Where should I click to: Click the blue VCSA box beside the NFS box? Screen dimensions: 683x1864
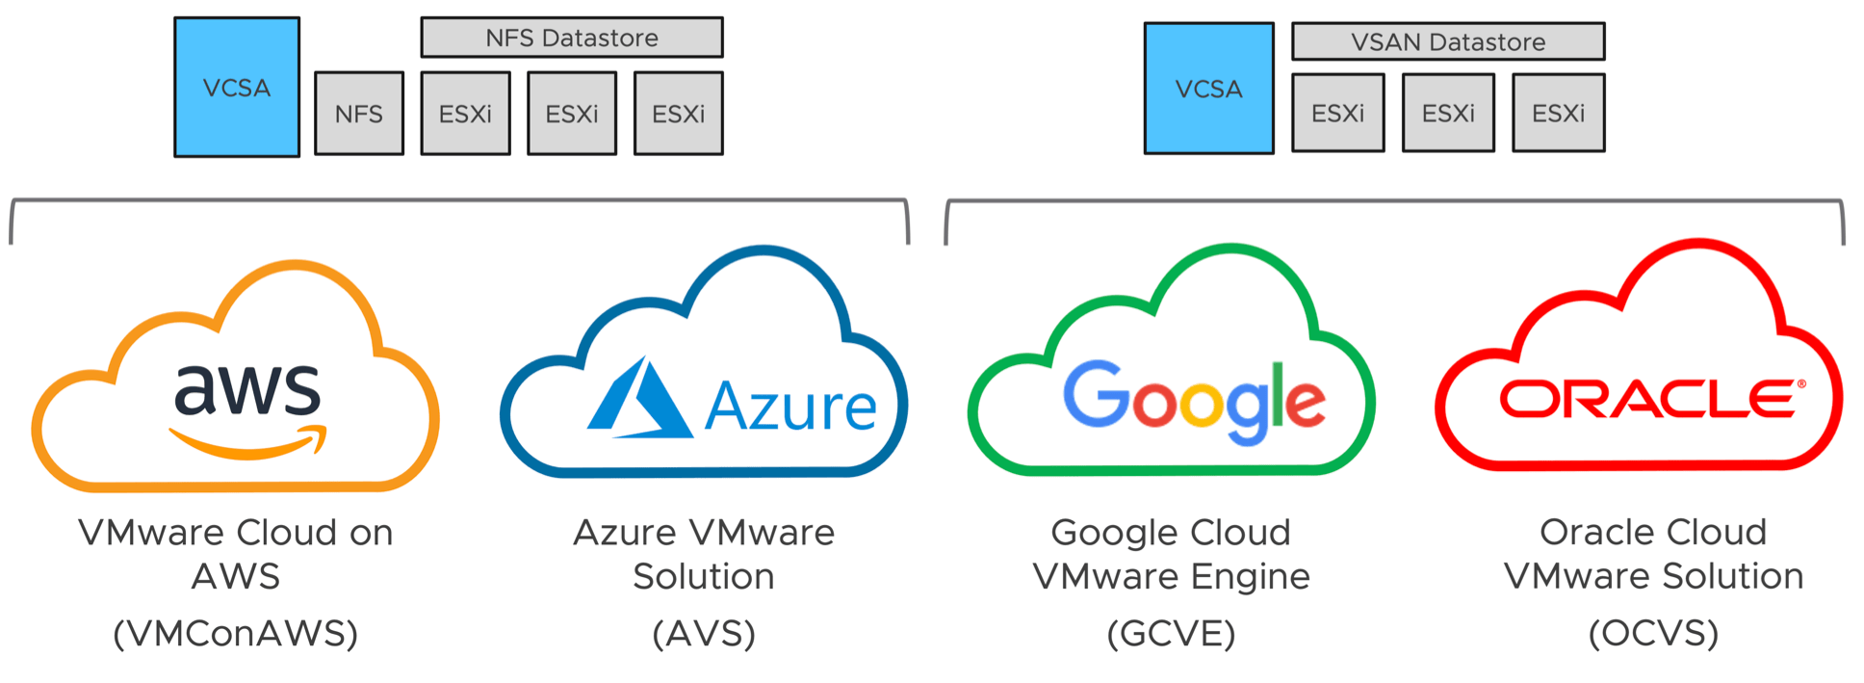[237, 87]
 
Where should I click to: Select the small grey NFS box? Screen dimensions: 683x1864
[359, 113]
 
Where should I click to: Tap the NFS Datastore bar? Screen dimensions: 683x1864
[572, 38]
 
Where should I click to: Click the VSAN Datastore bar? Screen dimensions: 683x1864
[1447, 41]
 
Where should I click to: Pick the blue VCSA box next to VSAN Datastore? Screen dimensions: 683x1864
[1208, 89]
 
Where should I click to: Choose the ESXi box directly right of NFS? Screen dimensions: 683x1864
[466, 113]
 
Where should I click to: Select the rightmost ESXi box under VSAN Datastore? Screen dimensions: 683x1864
[1558, 113]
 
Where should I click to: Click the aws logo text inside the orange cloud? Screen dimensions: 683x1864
[246, 390]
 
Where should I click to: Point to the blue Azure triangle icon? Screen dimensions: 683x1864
[637, 401]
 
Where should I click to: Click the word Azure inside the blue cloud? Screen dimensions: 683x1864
[790, 407]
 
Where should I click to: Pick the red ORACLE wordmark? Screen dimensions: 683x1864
[1646, 399]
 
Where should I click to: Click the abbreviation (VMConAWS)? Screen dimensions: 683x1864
[236, 633]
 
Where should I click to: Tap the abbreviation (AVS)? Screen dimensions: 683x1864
[704, 633]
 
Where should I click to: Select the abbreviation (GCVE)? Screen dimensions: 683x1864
[1171, 633]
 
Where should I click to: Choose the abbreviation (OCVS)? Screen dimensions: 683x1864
[1653, 633]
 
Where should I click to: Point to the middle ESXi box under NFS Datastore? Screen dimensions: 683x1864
[572, 113]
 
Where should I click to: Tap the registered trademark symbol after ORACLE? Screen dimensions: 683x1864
[1801, 384]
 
